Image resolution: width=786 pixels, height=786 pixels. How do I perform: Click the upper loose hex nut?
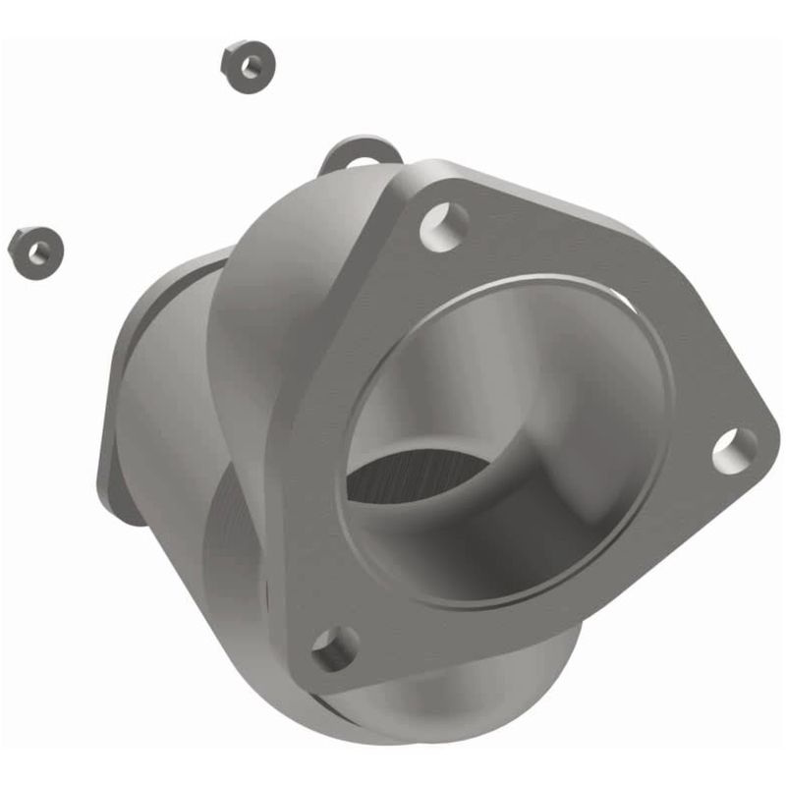click(248, 65)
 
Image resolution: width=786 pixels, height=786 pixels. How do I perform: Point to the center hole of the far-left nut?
click(39, 253)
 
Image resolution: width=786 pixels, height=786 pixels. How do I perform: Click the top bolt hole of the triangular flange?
click(444, 225)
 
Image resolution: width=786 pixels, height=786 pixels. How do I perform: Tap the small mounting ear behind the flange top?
click(362, 154)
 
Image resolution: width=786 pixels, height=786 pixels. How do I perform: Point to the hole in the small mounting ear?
click(364, 162)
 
